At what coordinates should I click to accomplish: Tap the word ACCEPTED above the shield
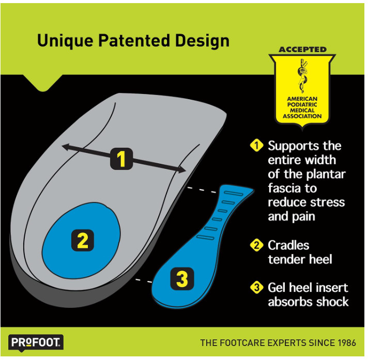[x=302, y=50]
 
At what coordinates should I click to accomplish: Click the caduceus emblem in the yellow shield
[x=302, y=75]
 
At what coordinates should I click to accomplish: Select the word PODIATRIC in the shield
[x=302, y=105]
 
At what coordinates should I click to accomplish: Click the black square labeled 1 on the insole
[x=121, y=159]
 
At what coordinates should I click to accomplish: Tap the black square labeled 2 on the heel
[x=83, y=240]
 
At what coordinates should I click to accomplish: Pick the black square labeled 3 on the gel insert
[x=182, y=278]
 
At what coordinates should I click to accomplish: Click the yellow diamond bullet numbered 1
[x=257, y=146]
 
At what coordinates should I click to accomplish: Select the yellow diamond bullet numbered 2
[x=257, y=245]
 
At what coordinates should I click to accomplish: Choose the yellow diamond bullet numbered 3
[x=257, y=288]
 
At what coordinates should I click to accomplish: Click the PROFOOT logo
[x=36, y=343]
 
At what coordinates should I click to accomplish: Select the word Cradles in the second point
[x=289, y=245]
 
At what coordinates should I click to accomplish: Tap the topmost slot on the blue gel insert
[x=234, y=194]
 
